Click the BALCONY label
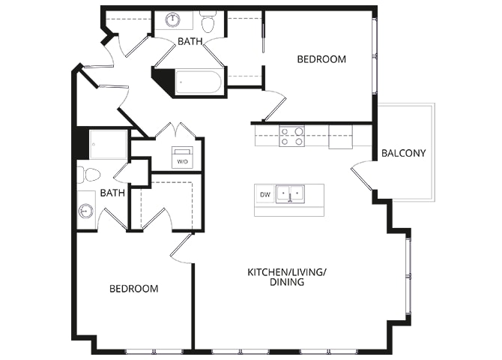pos(403,153)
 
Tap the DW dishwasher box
pos(265,194)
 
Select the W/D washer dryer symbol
pos(183,157)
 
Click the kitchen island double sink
pos(291,193)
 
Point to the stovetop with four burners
pos(291,136)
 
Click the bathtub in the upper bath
pos(199,82)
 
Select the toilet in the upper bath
pos(208,21)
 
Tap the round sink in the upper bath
pos(173,20)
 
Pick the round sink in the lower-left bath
pos(85,211)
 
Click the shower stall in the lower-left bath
pos(108,144)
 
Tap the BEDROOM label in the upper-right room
pos(321,59)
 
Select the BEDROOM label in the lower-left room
pos(134,289)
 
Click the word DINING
pos(287,282)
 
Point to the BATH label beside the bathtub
pos(190,41)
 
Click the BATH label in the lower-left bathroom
pos(112,193)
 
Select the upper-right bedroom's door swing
pos(274,105)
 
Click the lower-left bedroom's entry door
pos(182,249)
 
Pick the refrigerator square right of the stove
pos(341,137)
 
